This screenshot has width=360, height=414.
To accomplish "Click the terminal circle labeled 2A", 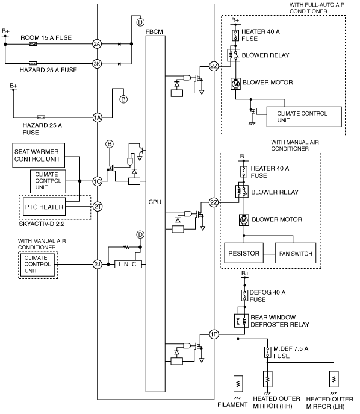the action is [x=97, y=44].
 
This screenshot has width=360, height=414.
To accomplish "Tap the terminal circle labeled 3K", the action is [x=97, y=64].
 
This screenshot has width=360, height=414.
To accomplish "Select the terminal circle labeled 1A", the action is [x=98, y=118].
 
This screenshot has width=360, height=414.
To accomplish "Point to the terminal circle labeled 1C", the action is [x=98, y=181].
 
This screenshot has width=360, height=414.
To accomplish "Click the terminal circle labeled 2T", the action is [x=98, y=207].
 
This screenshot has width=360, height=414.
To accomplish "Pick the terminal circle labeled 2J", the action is [x=98, y=264].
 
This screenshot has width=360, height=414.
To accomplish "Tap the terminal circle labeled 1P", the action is [x=214, y=334].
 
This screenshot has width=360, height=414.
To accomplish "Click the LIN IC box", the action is [x=128, y=264].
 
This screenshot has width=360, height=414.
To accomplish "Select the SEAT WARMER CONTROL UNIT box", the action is [x=39, y=155].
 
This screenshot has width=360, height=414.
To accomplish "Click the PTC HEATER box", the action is [x=45, y=207].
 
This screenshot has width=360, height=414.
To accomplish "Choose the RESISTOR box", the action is [x=244, y=253].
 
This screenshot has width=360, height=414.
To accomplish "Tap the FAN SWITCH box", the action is [x=296, y=253].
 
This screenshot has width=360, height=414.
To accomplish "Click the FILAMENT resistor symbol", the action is [x=238, y=384].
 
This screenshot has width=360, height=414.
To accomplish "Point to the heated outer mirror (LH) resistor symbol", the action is [x=334, y=379].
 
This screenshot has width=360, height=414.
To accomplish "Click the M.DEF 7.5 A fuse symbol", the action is [x=268, y=352].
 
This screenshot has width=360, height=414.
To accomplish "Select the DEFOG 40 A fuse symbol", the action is [x=245, y=296].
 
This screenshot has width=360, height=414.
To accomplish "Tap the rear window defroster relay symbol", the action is [x=241, y=321].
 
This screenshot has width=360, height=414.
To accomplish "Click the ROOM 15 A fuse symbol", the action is [x=33, y=44].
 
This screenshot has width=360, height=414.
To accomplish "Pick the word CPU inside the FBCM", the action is [x=155, y=202].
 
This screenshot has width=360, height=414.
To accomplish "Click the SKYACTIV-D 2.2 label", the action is [x=42, y=224].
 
